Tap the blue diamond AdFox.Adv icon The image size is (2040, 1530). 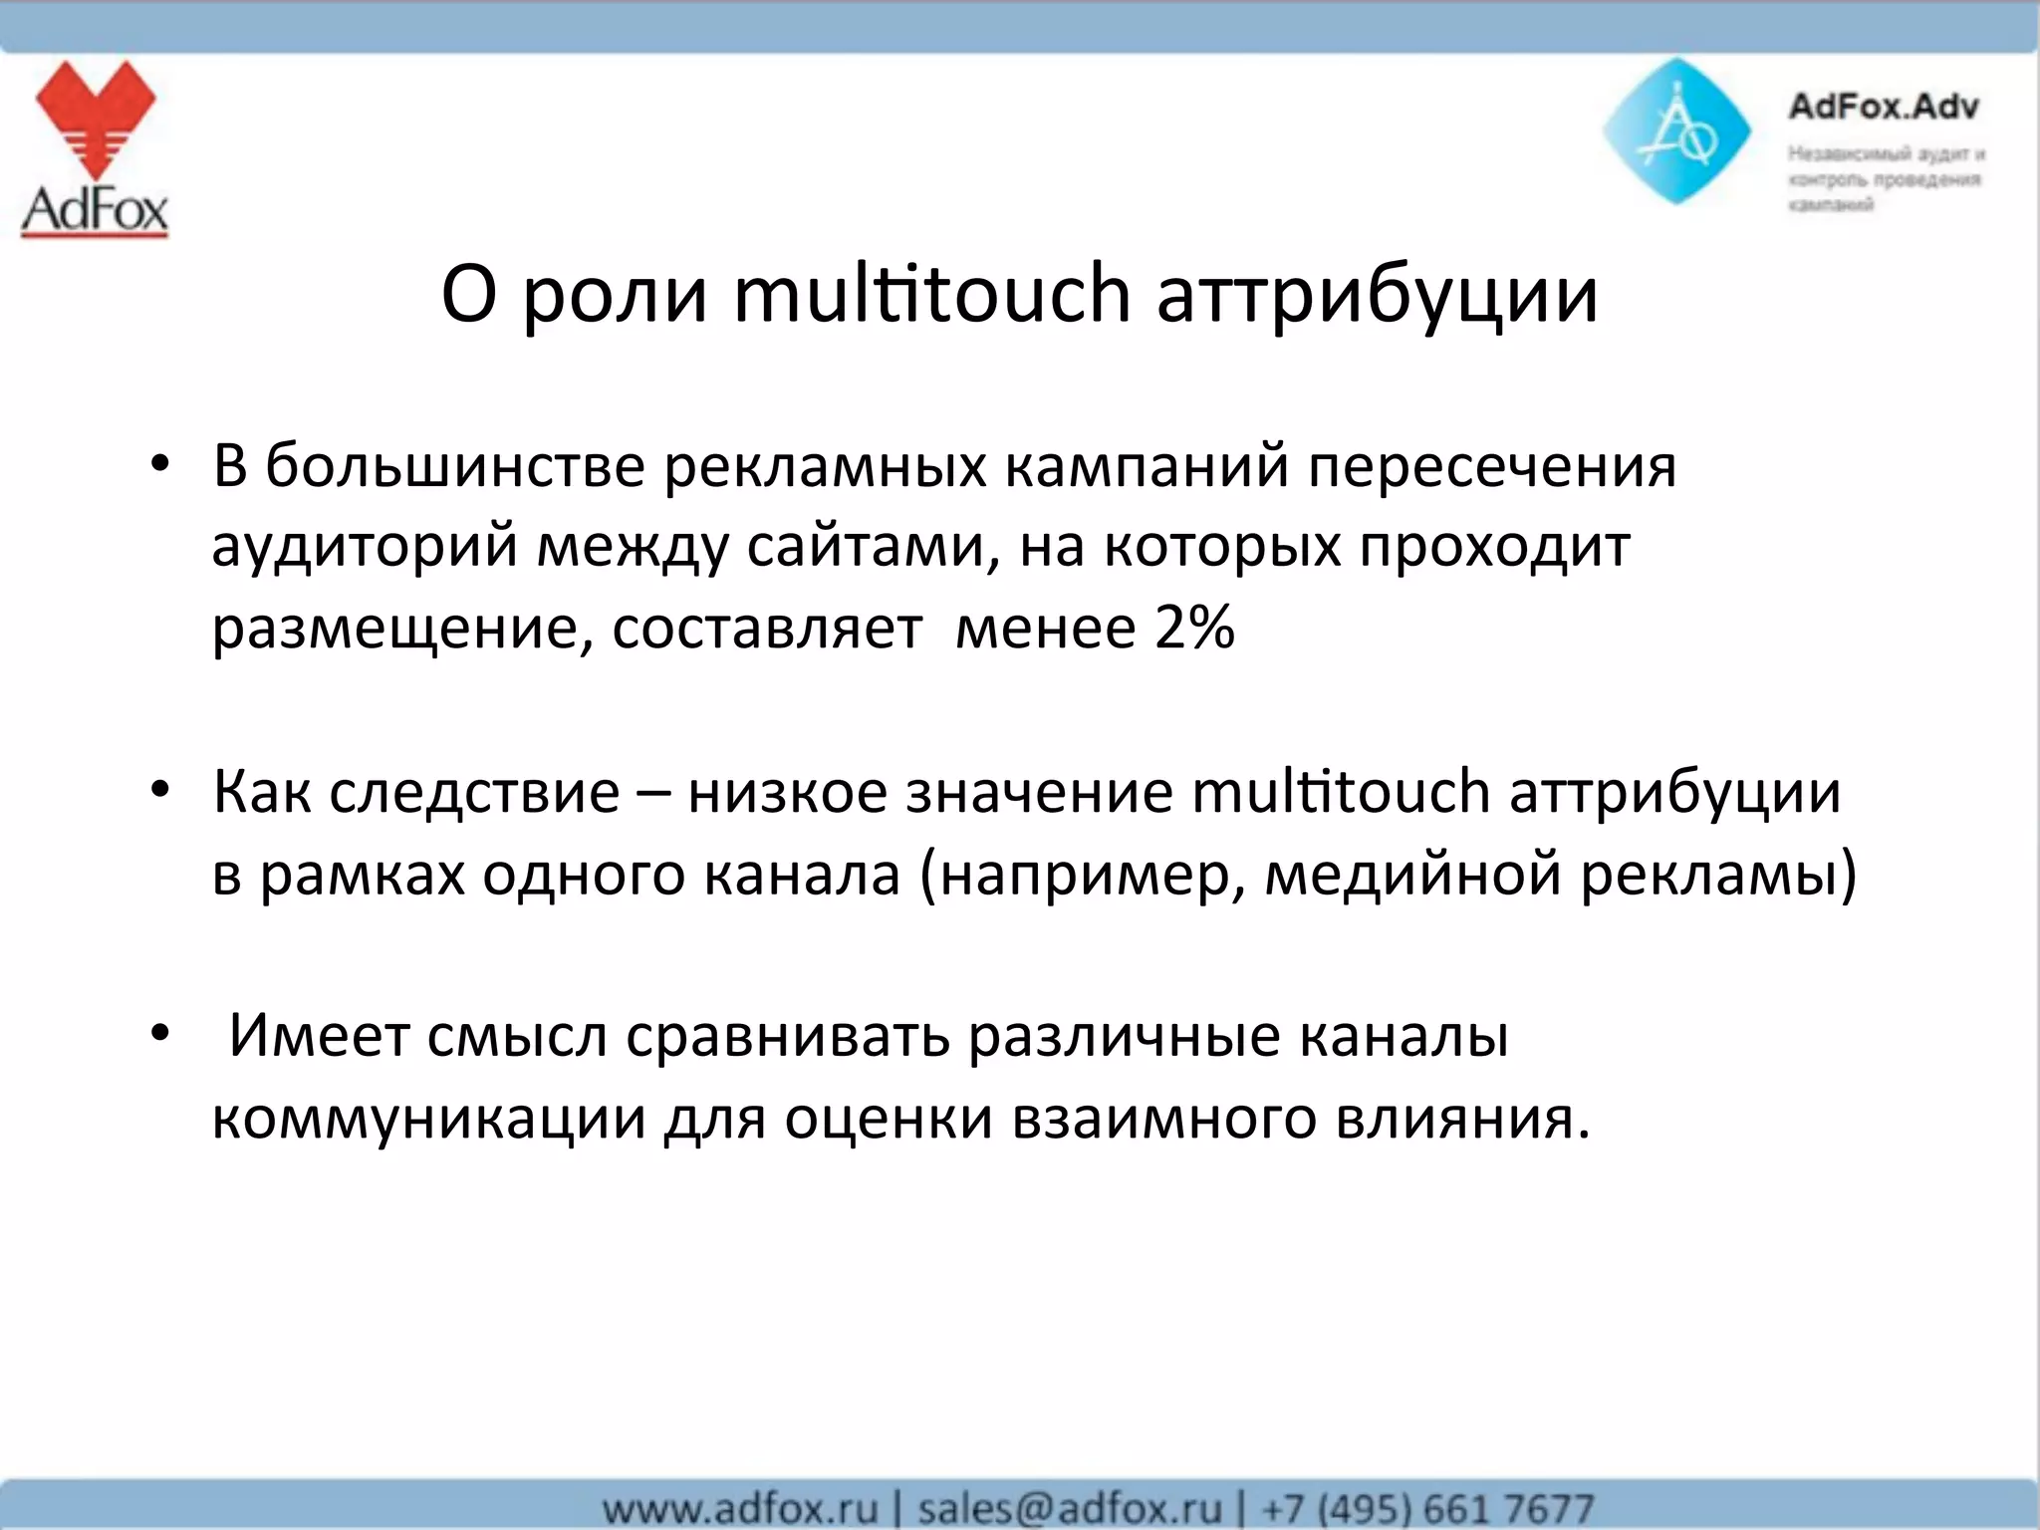point(1676,131)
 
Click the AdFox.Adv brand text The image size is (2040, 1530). point(1883,106)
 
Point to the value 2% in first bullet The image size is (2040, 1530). point(1194,629)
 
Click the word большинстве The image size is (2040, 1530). point(455,465)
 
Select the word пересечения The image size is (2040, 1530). point(1491,467)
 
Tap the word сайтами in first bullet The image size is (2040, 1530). point(864,547)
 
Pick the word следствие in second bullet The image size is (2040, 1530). point(474,794)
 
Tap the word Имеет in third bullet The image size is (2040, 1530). point(319,1036)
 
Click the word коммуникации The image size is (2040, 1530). point(429,1119)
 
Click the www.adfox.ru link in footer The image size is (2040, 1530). point(740,1507)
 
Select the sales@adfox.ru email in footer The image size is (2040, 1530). point(1069,1507)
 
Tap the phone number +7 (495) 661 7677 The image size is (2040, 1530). point(1427,1507)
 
